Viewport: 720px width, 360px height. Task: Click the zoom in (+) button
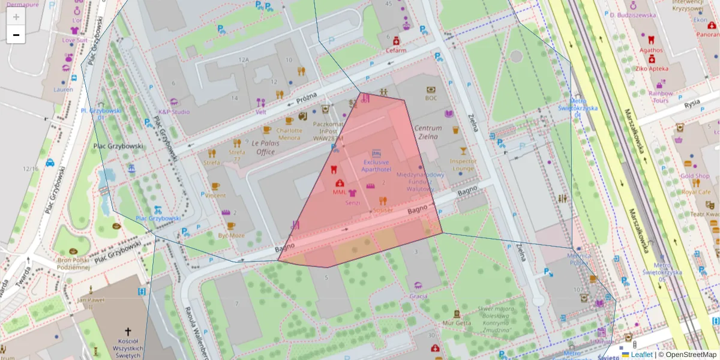coord(16,17)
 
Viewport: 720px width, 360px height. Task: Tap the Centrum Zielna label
coord(428,132)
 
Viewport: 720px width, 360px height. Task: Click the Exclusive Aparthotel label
coord(376,166)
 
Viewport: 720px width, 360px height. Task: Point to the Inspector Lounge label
coord(463,164)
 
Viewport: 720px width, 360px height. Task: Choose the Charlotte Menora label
coord(289,134)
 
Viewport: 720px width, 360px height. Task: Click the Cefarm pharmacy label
coord(396,50)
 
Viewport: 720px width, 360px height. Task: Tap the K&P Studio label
coord(173,112)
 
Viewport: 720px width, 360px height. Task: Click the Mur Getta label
coord(457,322)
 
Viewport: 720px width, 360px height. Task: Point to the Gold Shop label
coord(695,176)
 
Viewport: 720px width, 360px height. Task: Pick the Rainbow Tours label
coord(661,97)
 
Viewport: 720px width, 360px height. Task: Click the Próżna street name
coord(306,99)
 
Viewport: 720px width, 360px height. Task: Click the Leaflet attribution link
coord(641,355)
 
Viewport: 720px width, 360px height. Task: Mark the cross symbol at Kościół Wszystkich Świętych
coord(127,331)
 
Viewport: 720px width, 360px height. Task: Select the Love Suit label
coord(74,40)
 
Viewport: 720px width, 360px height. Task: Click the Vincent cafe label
coord(215,195)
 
